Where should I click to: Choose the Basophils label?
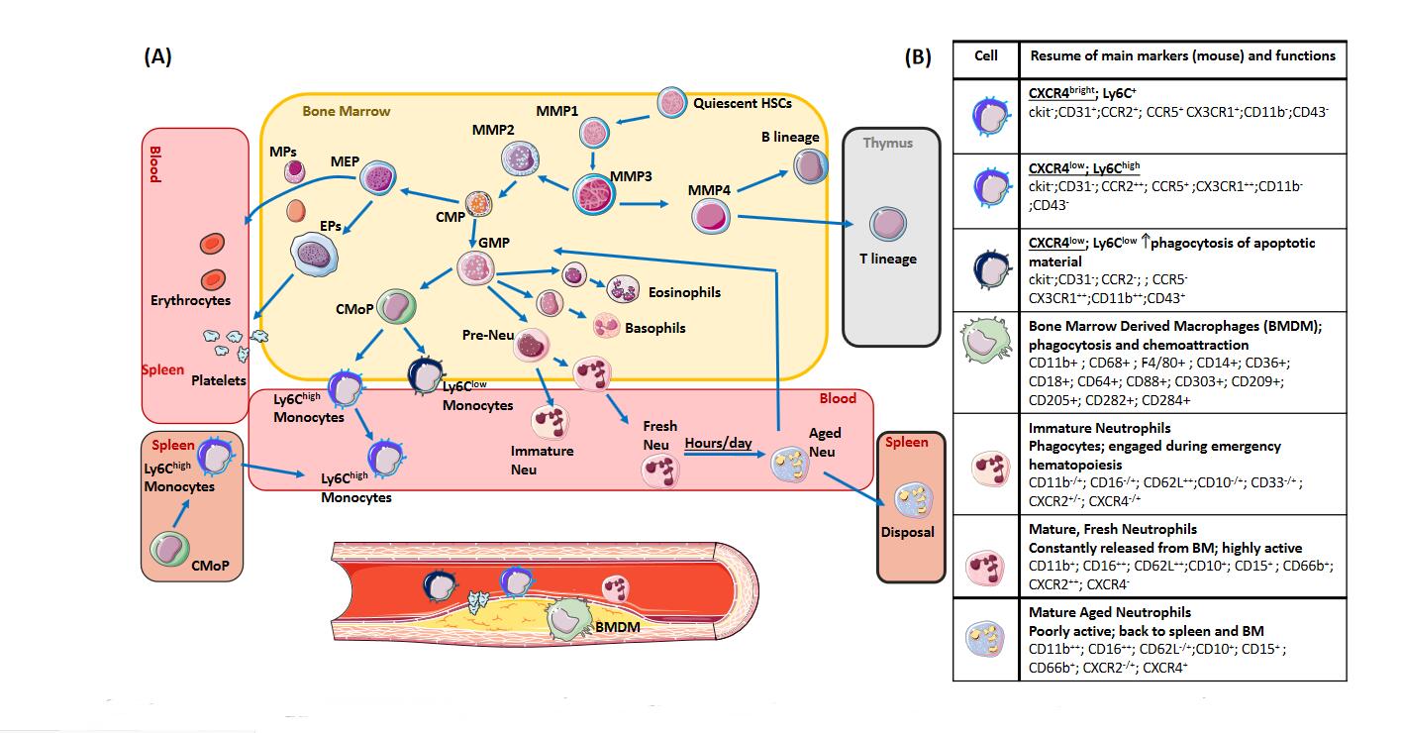653,328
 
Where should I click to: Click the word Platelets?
218,379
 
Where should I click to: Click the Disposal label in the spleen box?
907,532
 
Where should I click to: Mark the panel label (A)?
157,56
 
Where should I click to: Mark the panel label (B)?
917,57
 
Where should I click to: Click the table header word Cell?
985,55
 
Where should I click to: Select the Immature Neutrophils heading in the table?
1099,428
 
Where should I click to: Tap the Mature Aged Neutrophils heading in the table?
1109,613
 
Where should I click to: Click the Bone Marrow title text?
347,111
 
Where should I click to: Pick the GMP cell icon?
474,267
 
